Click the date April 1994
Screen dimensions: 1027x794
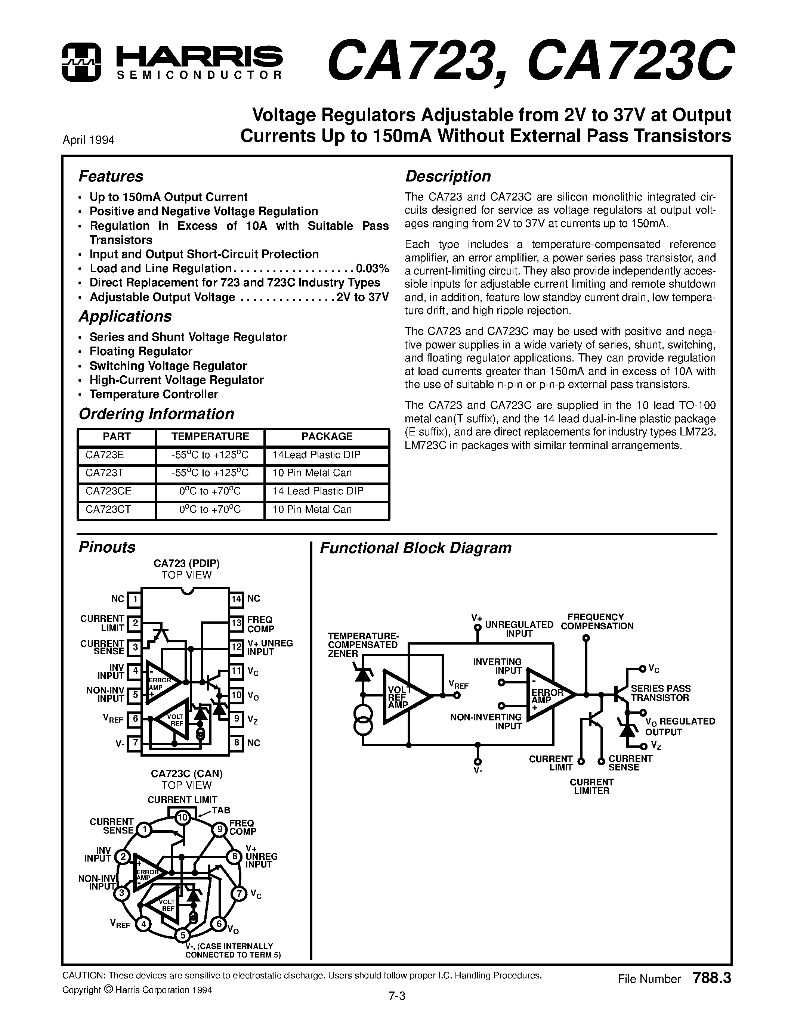(x=89, y=140)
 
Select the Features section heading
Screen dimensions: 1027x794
(x=111, y=176)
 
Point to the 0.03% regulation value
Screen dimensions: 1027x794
(x=373, y=269)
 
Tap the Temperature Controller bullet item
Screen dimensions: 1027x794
(x=154, y=394)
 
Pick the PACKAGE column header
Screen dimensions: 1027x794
(x=327, y=436)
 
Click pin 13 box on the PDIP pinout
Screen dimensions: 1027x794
(x=236, y=624)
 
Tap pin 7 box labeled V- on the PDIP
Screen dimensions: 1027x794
(x=135, y=743)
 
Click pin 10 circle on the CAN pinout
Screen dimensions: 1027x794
(x=182, y=818)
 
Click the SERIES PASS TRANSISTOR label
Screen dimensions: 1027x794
(x=660, y=693)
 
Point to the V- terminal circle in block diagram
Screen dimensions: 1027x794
(x=478, y=762)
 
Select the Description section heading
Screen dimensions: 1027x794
(x=448, y=176)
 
